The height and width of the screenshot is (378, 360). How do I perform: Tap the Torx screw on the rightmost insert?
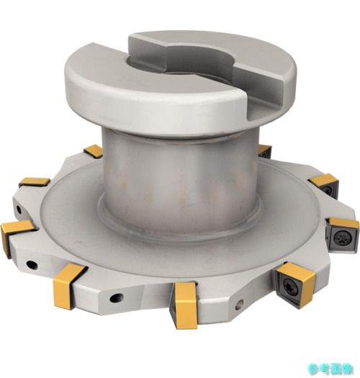pos(341,238)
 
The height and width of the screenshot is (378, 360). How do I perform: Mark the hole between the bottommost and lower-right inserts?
pos(239,305)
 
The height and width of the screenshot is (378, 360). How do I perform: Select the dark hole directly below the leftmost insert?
pos(32,265)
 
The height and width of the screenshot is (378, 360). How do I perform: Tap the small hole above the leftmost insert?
pos(18,210)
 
